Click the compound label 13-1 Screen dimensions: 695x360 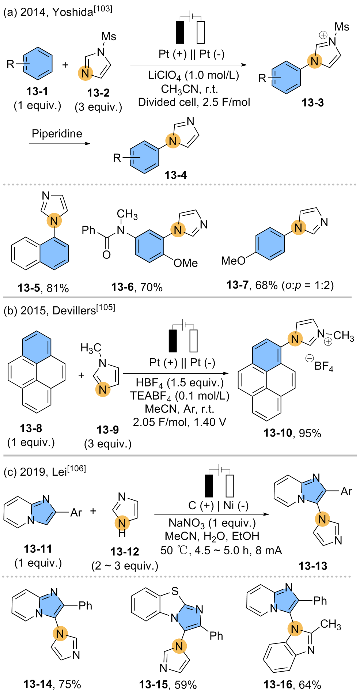pyautogui.click(x=37, y=91)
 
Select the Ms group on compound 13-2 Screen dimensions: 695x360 pyautogui.click(x=109, y=37)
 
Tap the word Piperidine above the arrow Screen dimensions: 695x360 pyautogui.click(x=57, y=133)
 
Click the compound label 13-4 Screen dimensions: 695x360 pyautogui.click(x=175, y=175)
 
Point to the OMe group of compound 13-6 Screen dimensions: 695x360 pyautogui.click(x=185, y=263)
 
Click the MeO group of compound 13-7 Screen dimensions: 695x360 pyautogui.click(x=233, y=261)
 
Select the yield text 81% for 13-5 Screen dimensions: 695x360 pyautogui.click(x=58, y=288)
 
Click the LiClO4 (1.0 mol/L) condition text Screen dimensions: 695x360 pyautogui.click(x=193, y=76)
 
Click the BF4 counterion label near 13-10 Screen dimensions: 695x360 pyautogui.click(x=324, y=366)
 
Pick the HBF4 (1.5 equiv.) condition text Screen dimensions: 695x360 pyautogui.click(x=179, y=383)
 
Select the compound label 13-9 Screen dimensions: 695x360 pyautogui.click(x=107, y=430)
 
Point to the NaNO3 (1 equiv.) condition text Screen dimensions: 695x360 pyautogui.click(x=212, y=523)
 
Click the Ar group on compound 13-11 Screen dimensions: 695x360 pyautogui.click(x=76, y=513)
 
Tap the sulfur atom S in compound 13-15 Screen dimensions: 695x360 pyautogui.click(x=175, y=591)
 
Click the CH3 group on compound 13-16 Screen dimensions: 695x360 pyautogui.click(x=330, y=624)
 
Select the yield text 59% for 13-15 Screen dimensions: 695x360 pyautogui.click(x=186, y=684)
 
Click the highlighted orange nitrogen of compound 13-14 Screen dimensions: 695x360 pyautogui.click(x=60, y=634)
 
